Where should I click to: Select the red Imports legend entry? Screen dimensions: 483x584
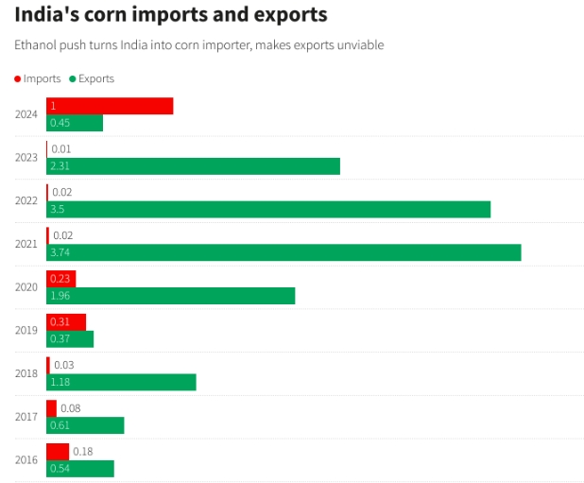37,78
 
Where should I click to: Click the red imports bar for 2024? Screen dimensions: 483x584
110,106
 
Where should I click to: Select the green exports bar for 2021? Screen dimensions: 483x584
283,252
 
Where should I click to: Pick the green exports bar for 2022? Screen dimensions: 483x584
268,209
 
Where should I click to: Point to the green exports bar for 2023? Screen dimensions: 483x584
193,165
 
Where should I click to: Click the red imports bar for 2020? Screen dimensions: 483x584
61,279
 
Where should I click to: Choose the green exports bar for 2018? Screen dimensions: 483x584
121,382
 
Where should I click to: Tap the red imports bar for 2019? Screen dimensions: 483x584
66,322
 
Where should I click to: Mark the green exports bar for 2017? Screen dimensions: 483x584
85,425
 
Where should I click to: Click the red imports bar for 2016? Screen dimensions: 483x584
58,452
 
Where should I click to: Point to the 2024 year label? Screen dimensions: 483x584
26,114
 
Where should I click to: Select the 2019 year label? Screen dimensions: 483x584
26,331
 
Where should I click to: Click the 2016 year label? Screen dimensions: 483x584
26,460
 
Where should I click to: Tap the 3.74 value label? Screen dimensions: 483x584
60,252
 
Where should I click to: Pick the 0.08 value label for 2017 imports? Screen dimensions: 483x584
71,408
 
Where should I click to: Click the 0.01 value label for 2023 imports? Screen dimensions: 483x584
61,149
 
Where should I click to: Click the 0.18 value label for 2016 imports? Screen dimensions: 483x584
83,452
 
